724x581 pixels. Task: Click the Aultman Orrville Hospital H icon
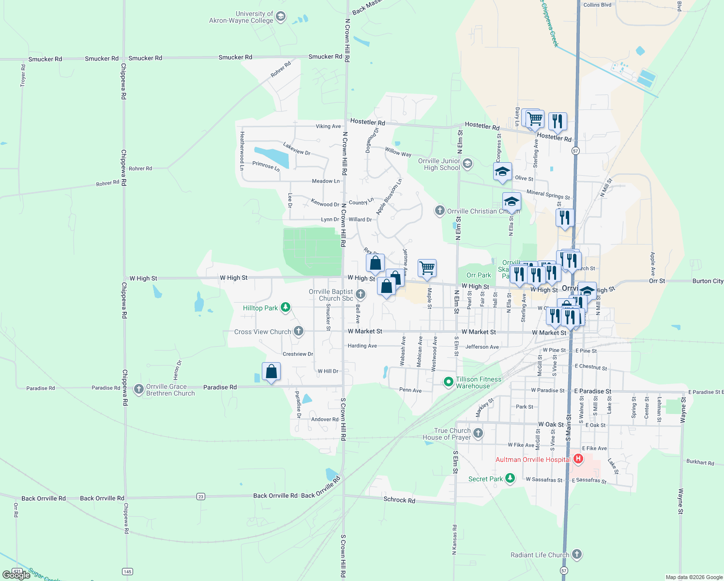[578, 458]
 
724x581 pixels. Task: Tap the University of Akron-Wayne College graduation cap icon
[280, 17]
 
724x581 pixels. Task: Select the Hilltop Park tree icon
[286, 307]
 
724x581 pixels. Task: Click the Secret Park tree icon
[510, 478]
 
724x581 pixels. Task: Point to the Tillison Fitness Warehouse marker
[449, 382]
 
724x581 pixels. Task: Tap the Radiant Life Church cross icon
[576, 554]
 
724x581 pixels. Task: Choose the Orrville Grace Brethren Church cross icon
[139, 389]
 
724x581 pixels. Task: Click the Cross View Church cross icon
[299, 331]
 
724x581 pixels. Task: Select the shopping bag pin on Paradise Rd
[271, 371]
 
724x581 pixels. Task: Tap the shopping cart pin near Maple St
[427, 268]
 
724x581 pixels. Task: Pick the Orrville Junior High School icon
[467, 164]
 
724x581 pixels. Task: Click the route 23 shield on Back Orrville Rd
[201, 496]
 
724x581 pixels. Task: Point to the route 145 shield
[127, 571]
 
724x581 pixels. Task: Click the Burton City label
[708, 281]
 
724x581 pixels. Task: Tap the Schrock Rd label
[399, 500]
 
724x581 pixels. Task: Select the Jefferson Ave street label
[482, 347]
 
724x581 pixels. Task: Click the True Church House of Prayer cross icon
[478, 433]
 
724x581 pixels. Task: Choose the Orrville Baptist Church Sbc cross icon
[360, 294]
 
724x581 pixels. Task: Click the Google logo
[16, 575]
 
